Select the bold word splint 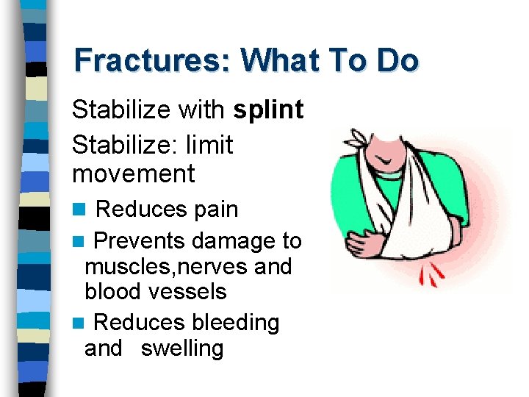[x=268, y=110]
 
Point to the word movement [x=133, y=174]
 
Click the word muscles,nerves [x=165, y=266]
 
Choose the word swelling [x=181, y=348]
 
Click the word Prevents [x=141, y=240]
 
